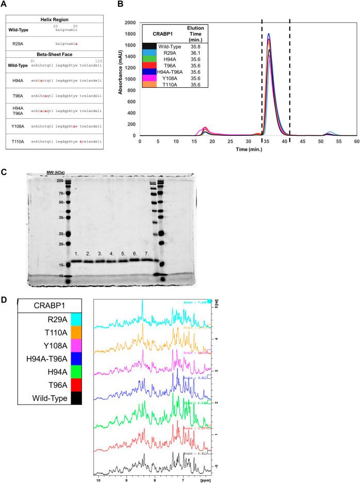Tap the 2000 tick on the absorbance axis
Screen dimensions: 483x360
tap(129, 23)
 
